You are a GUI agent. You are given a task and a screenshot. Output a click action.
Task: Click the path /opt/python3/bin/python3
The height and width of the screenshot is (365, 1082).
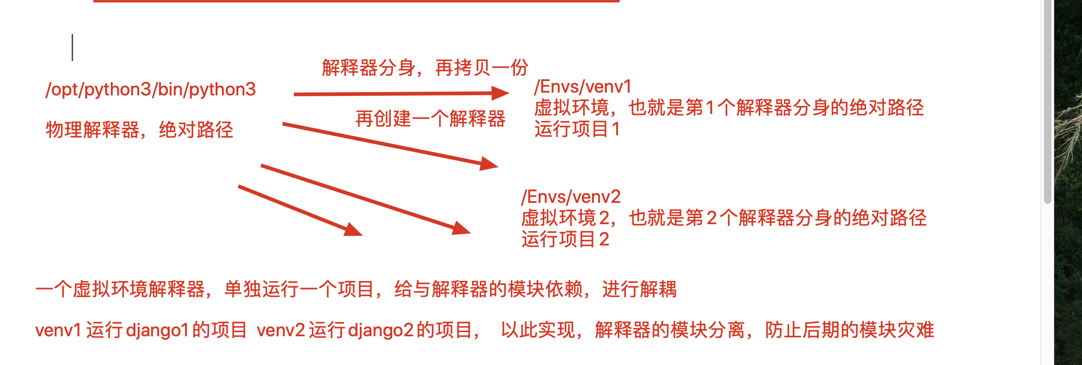[x=150, y=89]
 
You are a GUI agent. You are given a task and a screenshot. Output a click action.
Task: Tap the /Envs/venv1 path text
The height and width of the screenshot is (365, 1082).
[x=583, y=87]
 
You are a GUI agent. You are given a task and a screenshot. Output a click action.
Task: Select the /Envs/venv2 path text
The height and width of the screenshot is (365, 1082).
[x=571, y=197]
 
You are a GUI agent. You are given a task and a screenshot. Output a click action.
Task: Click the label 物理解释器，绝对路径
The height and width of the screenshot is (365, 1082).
[x=139, y=130]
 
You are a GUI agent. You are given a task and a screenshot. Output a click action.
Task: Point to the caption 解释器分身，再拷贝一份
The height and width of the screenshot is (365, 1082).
[x=425, y=68]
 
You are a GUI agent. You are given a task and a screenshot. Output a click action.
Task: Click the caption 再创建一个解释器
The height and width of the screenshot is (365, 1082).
[x=430, y=119]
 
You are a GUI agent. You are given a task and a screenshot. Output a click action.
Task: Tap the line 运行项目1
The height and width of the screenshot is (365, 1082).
[x=577, y=129]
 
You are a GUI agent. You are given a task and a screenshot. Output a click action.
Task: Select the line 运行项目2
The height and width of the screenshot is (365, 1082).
[x=565, y=239]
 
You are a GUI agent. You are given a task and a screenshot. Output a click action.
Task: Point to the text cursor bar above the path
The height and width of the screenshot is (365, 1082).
[x=72, y=47]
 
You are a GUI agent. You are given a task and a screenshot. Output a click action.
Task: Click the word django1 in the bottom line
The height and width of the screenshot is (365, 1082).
[x=157, y=330]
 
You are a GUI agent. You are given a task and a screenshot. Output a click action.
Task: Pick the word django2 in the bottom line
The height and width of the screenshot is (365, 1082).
[x=380, y=330]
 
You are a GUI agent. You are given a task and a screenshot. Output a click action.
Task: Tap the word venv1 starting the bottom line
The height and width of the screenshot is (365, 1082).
[x=58, y=330]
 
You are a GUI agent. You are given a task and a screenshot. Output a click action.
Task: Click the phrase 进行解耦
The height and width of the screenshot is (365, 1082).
[x=639, y=289]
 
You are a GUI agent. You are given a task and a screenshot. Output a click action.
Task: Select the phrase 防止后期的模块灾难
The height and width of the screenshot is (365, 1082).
[x=849, y=330]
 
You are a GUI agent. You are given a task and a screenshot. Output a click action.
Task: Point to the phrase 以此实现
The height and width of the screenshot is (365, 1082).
[x=538, y=330]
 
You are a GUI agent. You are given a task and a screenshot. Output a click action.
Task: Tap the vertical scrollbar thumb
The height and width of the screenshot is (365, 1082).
[x=1047, y=102]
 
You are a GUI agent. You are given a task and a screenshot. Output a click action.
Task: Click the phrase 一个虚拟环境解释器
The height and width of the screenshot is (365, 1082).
[x=120, y=289]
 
